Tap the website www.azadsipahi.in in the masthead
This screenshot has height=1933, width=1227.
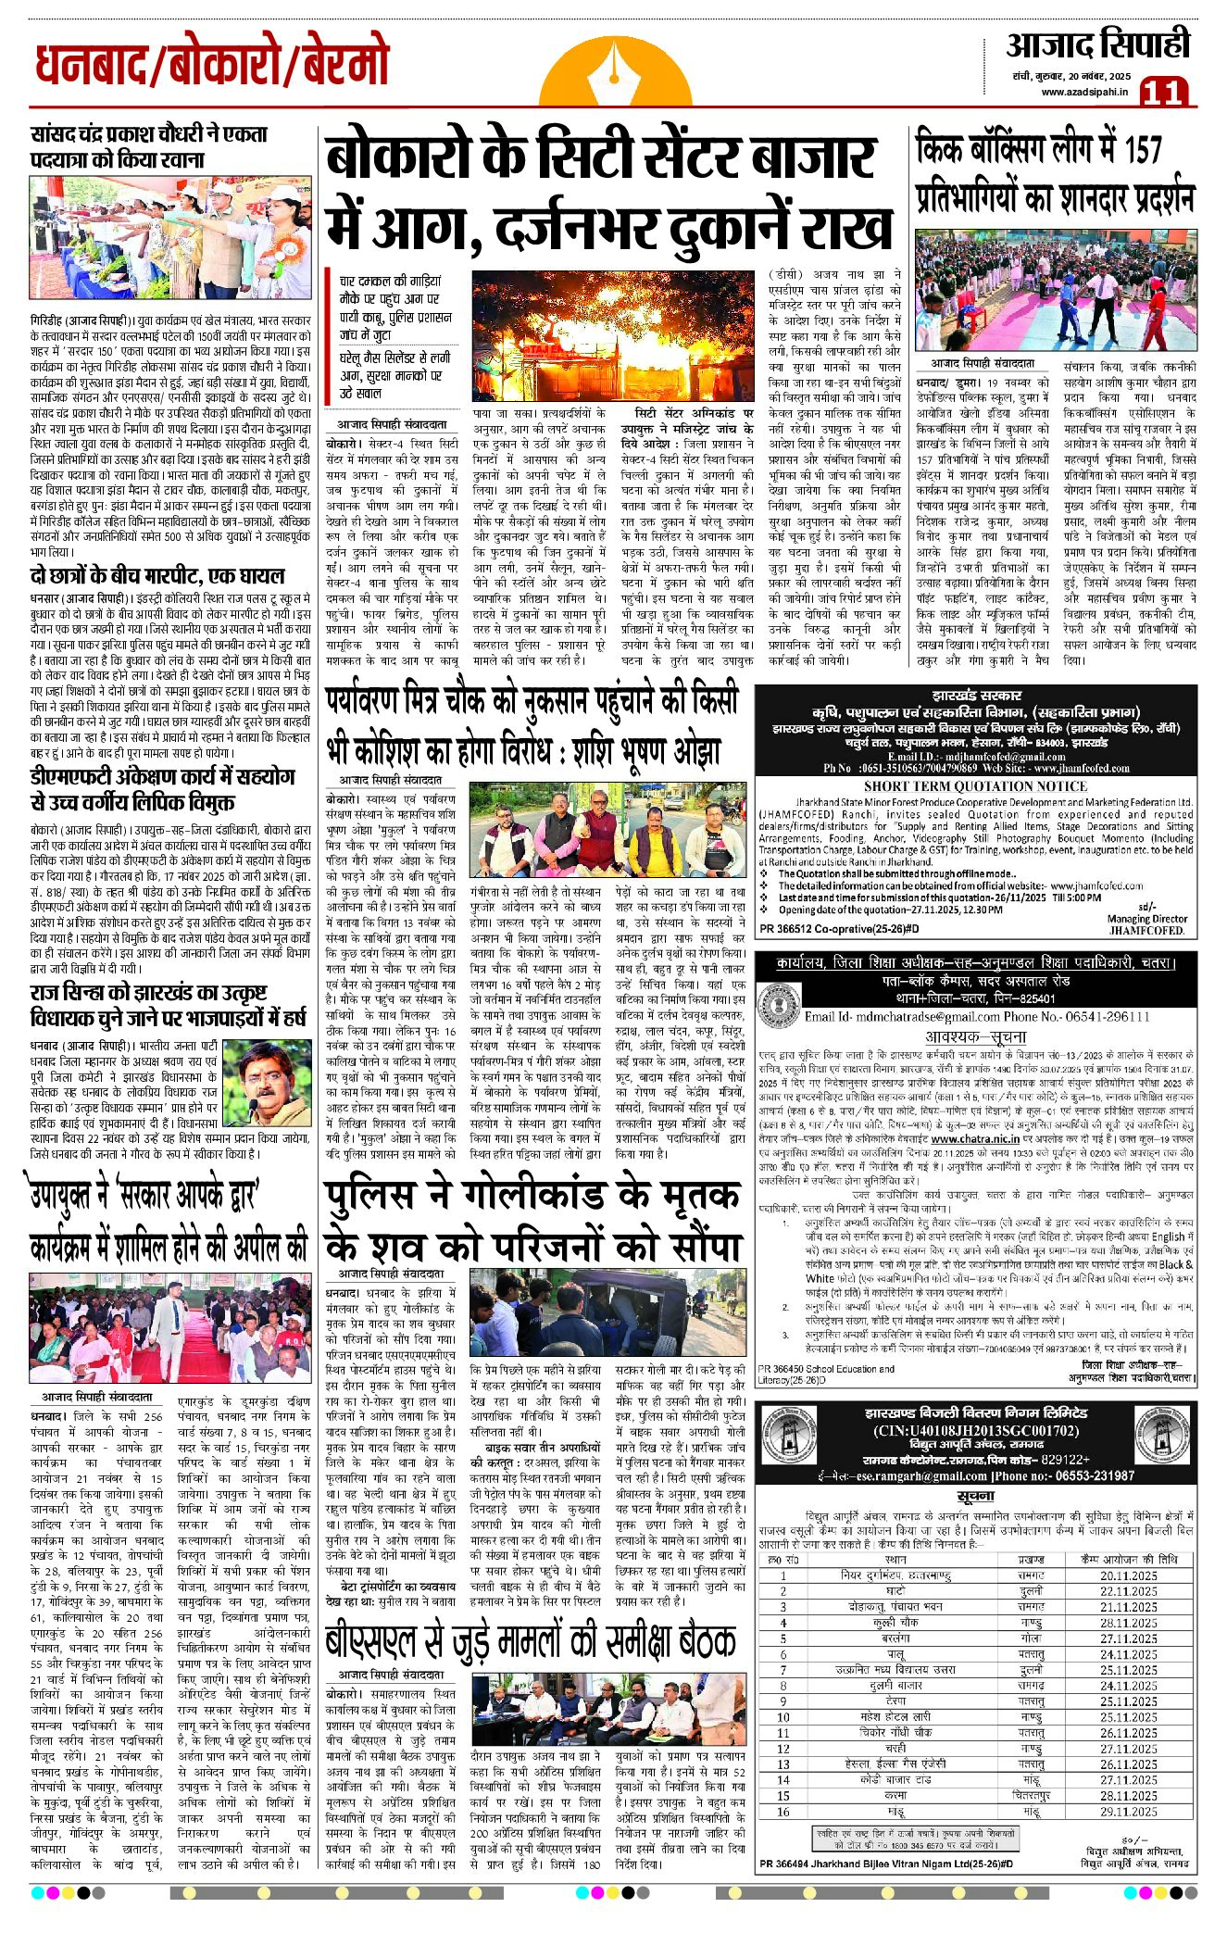1083,91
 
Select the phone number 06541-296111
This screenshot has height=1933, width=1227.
1093,1016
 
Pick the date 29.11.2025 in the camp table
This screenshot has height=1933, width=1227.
1128,1811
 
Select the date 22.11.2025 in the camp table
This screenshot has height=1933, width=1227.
1128,1591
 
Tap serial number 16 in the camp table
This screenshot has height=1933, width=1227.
783,1811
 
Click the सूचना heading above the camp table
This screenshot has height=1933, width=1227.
975,1496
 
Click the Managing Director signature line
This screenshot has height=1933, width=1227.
1146,919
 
